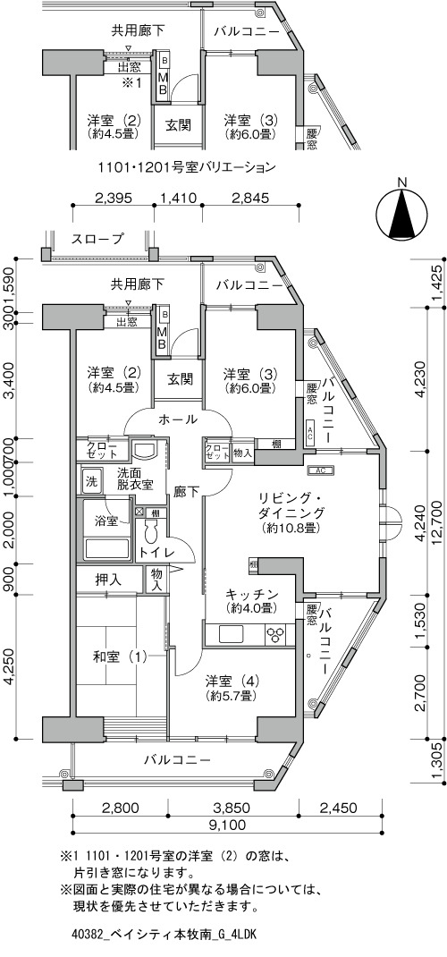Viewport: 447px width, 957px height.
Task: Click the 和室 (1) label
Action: (x=120, y=657)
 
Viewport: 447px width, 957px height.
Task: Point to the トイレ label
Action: (x=157, y=553)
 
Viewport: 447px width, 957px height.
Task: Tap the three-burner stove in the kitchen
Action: (x=276, y=634)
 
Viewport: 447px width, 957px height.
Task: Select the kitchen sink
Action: (x=232, y=634)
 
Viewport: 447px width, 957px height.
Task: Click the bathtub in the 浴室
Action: (x=106, y=547)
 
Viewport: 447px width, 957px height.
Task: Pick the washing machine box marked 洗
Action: (x=91, y=480)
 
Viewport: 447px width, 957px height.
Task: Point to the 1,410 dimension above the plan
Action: (x=177, y=197)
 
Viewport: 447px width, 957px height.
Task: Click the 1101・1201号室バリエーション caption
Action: (x=187, y=166)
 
